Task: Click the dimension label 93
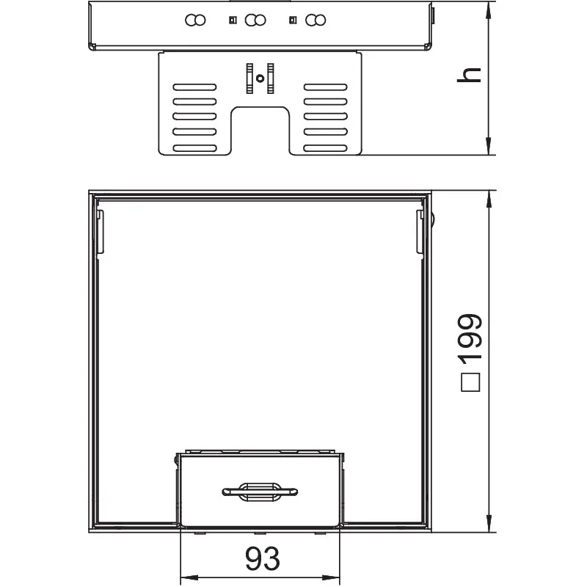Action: click(263, 558)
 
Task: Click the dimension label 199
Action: click(470, 338)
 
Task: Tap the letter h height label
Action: click(469, 75)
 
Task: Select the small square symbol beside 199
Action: click(470, 382)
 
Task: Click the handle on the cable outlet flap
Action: click(260, 492)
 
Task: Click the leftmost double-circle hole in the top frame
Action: click(195, 21)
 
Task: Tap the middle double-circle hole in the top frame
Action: click(255, 21)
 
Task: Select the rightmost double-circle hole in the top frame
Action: click(316, 21)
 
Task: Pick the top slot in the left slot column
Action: click(194, 87)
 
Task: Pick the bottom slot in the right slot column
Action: click(325, 148)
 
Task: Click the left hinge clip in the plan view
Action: click(100, 231)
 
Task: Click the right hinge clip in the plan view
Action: click(420, 231)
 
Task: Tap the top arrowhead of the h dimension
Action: click(488, 10)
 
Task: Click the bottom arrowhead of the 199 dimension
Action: click(488, 523)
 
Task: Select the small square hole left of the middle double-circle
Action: click(233, 20)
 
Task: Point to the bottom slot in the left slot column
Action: click(194, 148)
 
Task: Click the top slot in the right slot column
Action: click(325, 87)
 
